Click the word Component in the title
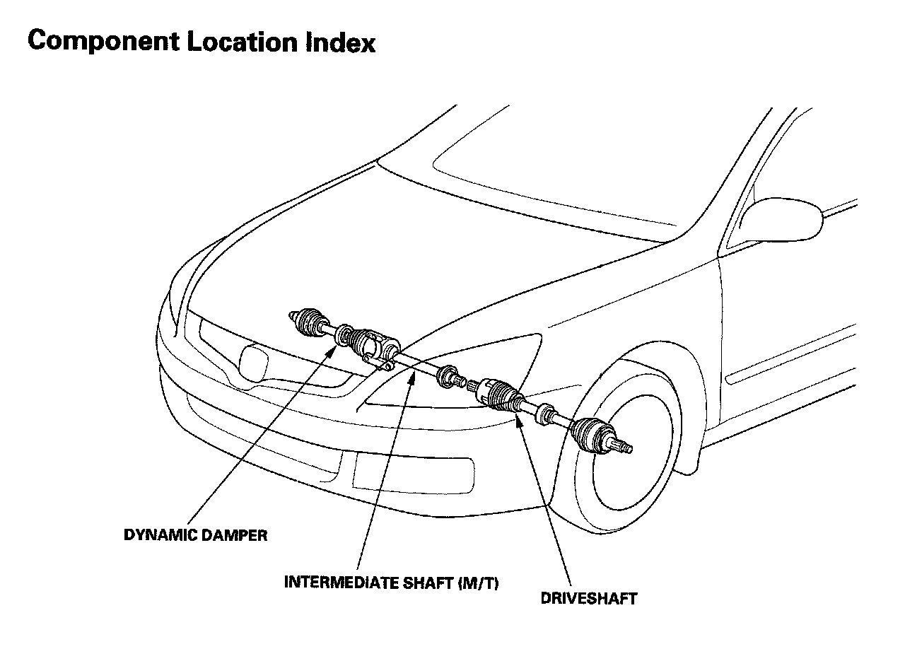[102, 42]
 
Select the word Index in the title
[341, 42]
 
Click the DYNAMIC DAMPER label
[196, 535]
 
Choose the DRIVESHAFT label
[588, 599]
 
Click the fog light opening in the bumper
[414, 472]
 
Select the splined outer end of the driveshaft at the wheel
[625, 447]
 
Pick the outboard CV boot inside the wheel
[590, 433]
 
